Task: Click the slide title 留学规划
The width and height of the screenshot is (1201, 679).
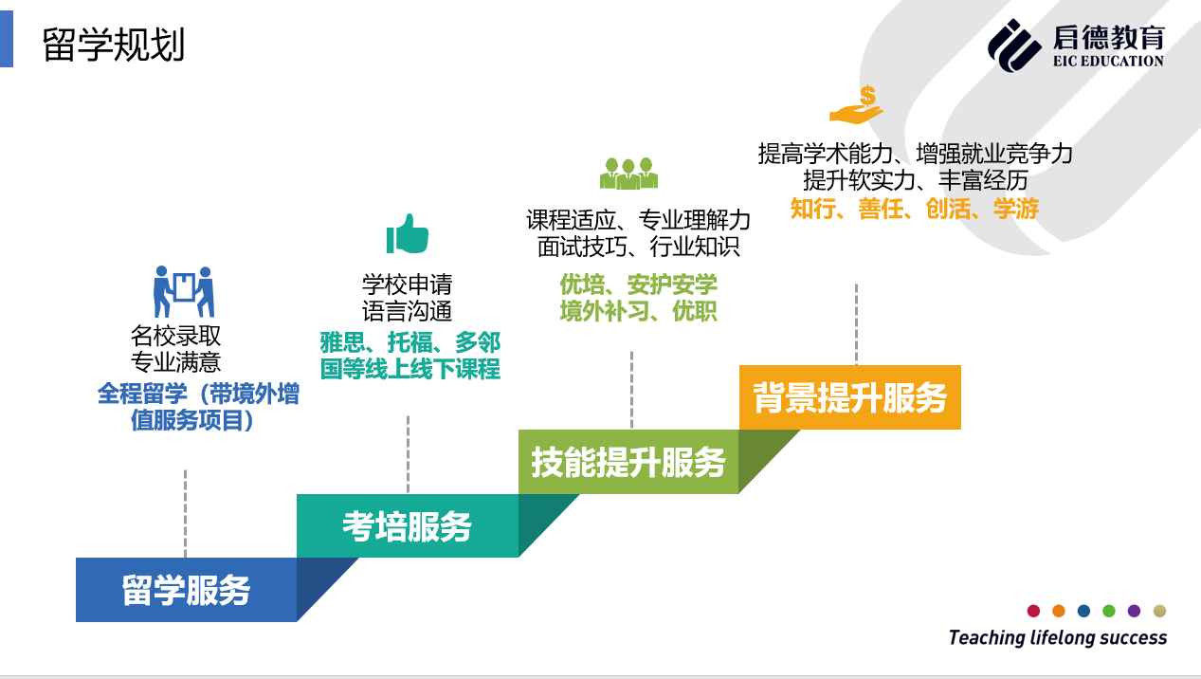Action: (x=114, y=45)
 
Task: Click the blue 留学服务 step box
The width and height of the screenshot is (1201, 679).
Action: (x=186, y=590)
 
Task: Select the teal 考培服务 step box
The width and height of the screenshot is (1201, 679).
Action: (x=407, y=525)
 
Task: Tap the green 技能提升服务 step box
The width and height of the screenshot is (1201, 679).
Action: (x=628, y=462)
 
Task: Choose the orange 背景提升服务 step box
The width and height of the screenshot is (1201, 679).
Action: (x=849, y=397)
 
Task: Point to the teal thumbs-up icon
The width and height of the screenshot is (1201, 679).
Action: (x=408, y=233)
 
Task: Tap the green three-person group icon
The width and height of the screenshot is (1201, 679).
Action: (x=628, y=174)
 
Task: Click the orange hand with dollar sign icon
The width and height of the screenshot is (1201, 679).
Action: (x=857, y=105)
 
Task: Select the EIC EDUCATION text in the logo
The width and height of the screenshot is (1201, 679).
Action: (x=1108, y=62)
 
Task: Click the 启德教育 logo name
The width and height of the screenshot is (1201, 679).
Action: (x=1108, y=37)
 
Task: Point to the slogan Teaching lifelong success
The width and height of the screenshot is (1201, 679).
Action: (x=1058, y=637)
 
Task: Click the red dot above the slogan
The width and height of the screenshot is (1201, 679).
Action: (x=1033, y=611)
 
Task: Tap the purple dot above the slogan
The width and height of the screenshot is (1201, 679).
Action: (x=1134, y=611)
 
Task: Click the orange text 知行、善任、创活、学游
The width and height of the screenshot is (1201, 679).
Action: (x=915, y=209)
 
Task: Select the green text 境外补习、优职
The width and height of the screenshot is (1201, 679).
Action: (x=638, y=310)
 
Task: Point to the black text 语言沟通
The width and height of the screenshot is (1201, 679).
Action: (x=408, y=310)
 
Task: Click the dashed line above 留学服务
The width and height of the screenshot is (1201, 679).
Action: (x=186, y=512)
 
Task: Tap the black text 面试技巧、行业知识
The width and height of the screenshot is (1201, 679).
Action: (x=638, y=247)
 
